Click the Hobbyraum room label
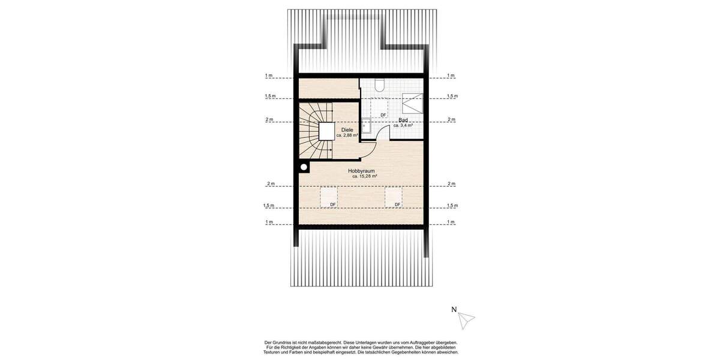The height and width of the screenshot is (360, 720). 362,171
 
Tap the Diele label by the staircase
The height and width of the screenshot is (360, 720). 347,130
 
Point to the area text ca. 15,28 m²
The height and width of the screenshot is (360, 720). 364,176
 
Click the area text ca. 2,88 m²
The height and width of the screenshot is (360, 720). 347,136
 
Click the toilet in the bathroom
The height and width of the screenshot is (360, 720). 379,84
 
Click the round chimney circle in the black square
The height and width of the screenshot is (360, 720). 304,167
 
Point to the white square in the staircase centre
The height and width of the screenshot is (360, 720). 327,131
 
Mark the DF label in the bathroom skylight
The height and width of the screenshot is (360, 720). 383,115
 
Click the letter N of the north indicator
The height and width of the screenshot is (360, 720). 454,310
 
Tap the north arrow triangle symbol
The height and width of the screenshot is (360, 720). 466,320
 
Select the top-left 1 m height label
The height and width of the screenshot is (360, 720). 269,76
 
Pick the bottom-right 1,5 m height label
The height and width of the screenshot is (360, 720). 451,205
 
